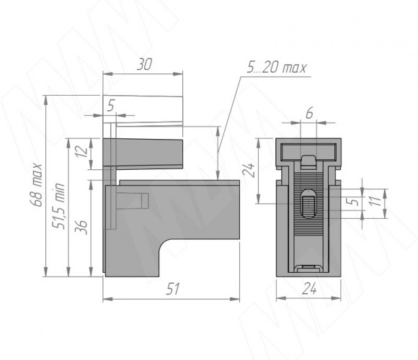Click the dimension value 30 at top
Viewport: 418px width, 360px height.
[144, 65]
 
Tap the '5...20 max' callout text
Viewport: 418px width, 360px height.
[277, 68]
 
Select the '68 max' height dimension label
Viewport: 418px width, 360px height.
[36, 184]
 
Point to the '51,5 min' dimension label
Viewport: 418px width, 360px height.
[58, 206]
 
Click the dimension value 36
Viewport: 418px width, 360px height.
[81, 227]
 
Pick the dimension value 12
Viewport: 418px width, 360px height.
[82, 151]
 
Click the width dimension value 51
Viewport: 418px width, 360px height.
[173, 289]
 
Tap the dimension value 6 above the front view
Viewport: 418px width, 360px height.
[309, 114]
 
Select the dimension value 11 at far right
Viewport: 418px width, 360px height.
[376, 202]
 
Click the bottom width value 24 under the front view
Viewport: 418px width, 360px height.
[309, 289]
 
